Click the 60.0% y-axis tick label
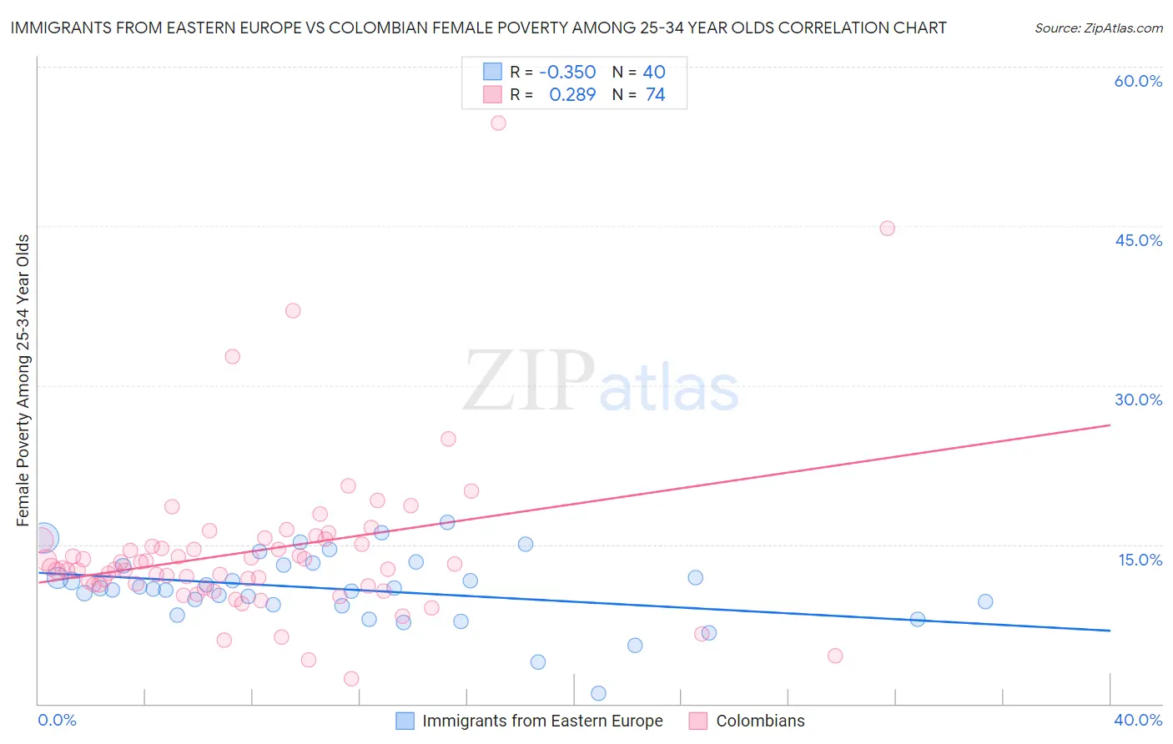tap(1138, 81)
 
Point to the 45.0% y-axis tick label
tap(1138, 240)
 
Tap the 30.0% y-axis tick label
tap(1138, 400)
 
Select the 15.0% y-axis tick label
tap(1140, 560)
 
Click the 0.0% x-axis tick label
tap(57, 720)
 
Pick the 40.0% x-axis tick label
tap(1138, 720)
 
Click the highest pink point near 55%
tap(498, 123)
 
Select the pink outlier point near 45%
tap(887, 229)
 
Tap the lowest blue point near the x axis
tap(598, 693)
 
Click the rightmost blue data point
tap(985, 601)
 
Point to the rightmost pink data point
tap(887, 229)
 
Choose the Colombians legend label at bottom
tap(760, 721)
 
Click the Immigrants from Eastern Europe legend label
tap(542, 721)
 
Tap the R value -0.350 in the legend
tap(567, 73)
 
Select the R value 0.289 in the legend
tap(572, 95)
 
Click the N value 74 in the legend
tap(655, 95)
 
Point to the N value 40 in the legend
tap(653, 73)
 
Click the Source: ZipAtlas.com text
tap(1098, 28)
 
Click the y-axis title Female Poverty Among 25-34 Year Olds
tap(23, 380)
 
